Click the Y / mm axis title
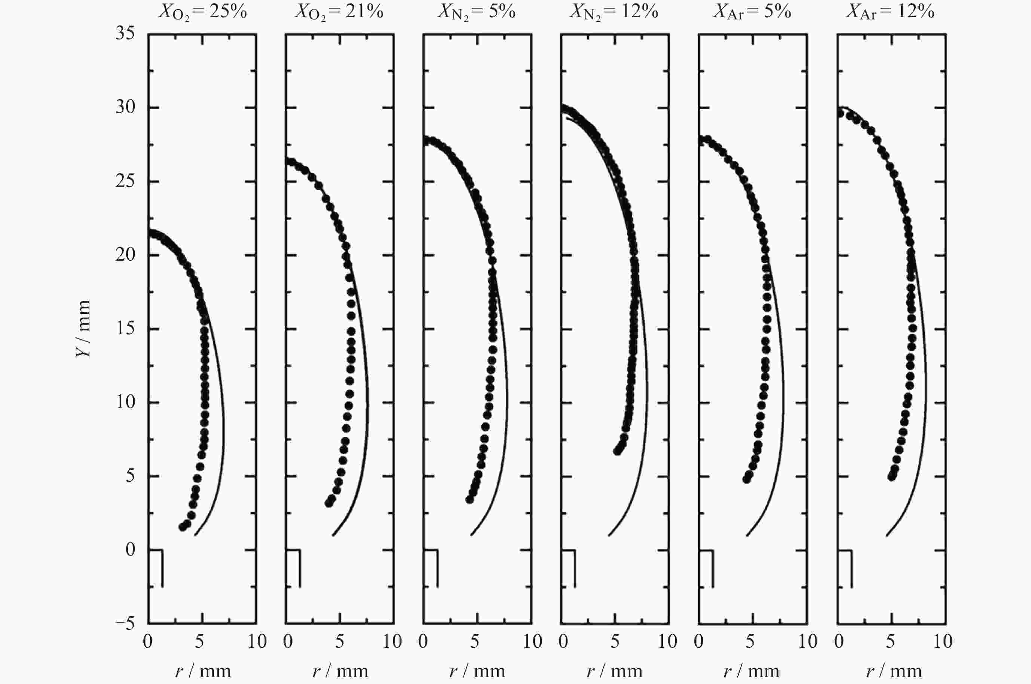[x=83, y=328]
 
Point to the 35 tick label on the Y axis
[x=125, y=34]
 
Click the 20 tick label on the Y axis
[x=125, y=255]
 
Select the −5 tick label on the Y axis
[x=125, y=624]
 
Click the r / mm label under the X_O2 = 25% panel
[x=203, y=671]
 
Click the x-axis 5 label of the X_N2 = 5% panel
[x=475, y=642]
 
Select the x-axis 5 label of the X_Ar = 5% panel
[x=750, y=642]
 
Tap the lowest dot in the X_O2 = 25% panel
[x=183, y=527]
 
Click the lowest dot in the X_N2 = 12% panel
[x=617, y=451]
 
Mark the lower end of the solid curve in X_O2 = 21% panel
[x=333, y=535]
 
